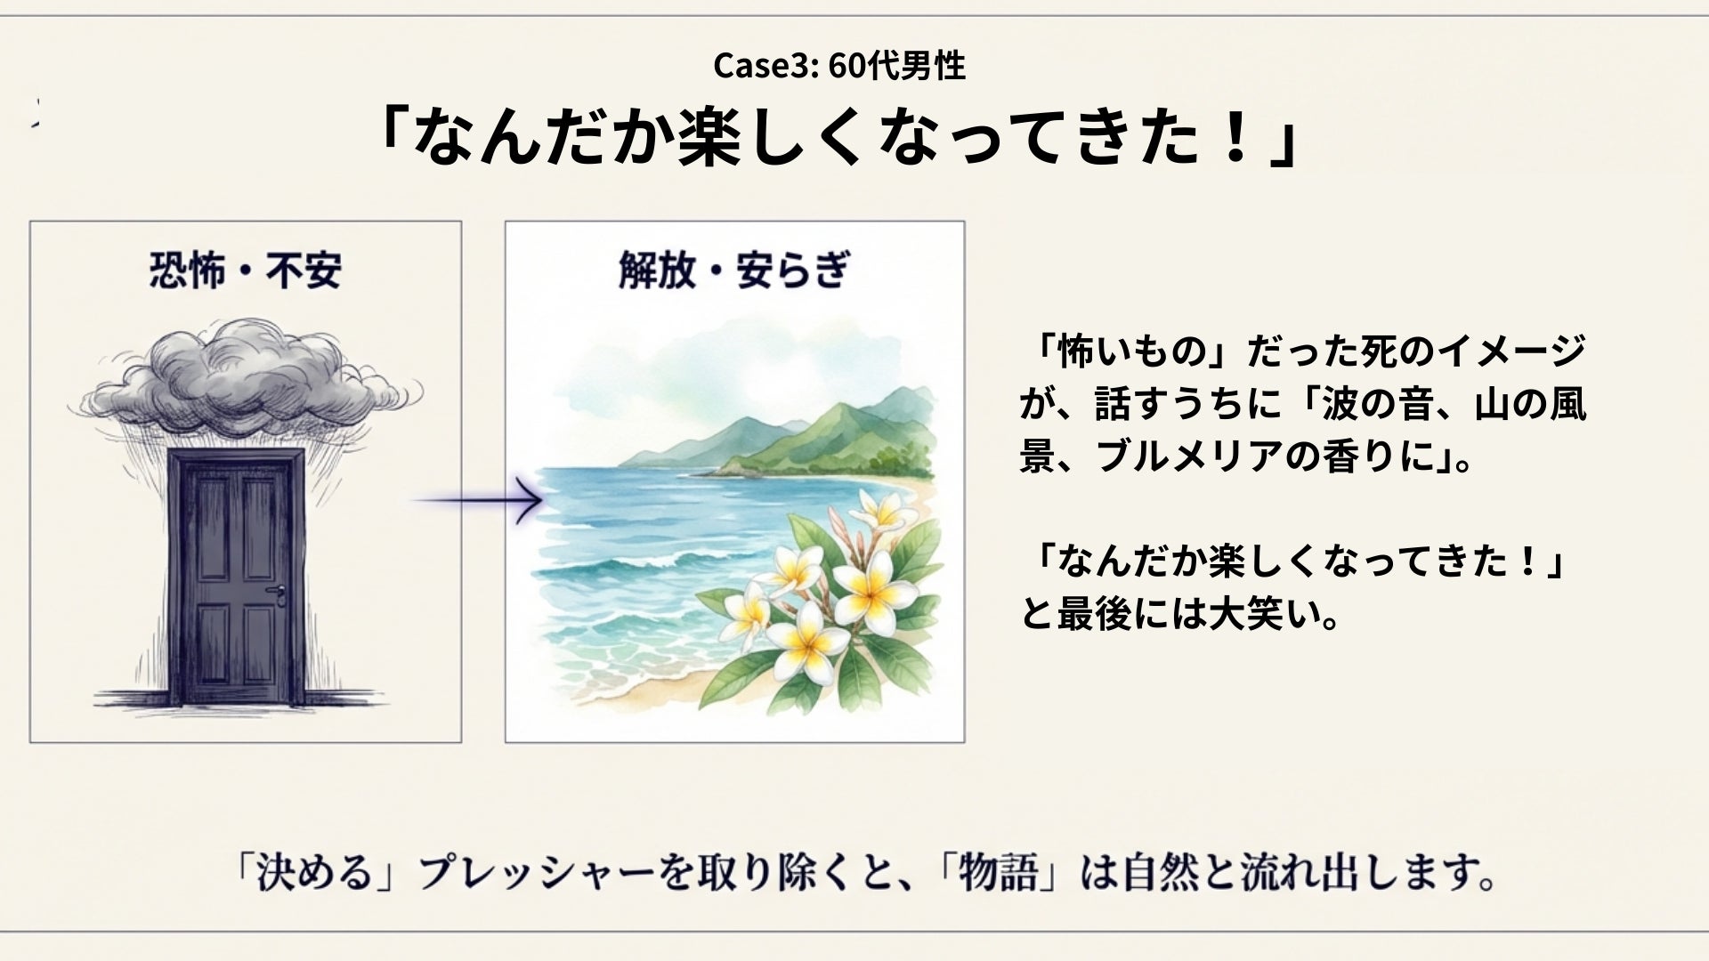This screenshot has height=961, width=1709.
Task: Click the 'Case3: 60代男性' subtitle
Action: [x=838, y=66]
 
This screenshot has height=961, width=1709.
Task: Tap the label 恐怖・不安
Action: [x=245, y=271]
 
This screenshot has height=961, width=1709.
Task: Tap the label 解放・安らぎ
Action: [x=733, y=271]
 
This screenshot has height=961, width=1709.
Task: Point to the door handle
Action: [x=281, y=592]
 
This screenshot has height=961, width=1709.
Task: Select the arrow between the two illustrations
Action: [x=478, y=500]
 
